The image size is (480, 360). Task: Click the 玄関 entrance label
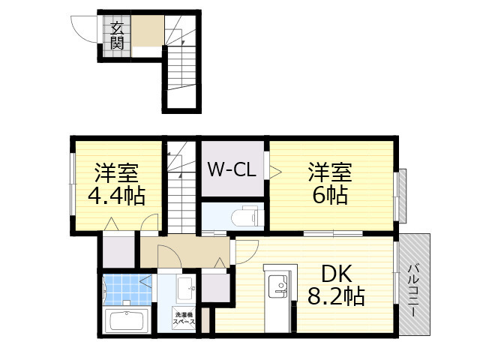117,36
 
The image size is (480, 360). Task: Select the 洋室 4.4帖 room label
117,184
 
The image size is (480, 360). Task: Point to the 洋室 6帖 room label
330,184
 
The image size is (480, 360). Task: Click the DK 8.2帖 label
336,285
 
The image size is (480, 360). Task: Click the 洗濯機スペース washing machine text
184,319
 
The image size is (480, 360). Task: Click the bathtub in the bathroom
127,321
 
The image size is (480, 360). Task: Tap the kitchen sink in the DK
278,286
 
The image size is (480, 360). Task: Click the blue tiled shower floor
127,289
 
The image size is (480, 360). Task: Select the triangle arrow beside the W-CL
274,172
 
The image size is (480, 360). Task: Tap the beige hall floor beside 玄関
148,31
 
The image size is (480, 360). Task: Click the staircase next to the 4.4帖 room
181,187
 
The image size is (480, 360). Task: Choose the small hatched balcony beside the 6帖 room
403,196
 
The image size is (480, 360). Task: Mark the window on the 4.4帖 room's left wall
73,184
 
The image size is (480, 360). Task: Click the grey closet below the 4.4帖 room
118,252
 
